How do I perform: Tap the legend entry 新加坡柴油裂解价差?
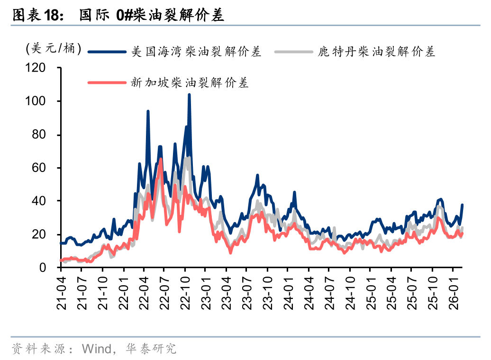pos(190,83)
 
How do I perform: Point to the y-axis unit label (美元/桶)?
pos(54,48)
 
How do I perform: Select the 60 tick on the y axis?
pos(49,168)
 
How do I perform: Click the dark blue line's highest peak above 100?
pos(189,95)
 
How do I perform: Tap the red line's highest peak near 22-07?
pos(161,159)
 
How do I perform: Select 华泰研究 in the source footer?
pos(151,349)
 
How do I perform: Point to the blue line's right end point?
pos(462,205)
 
